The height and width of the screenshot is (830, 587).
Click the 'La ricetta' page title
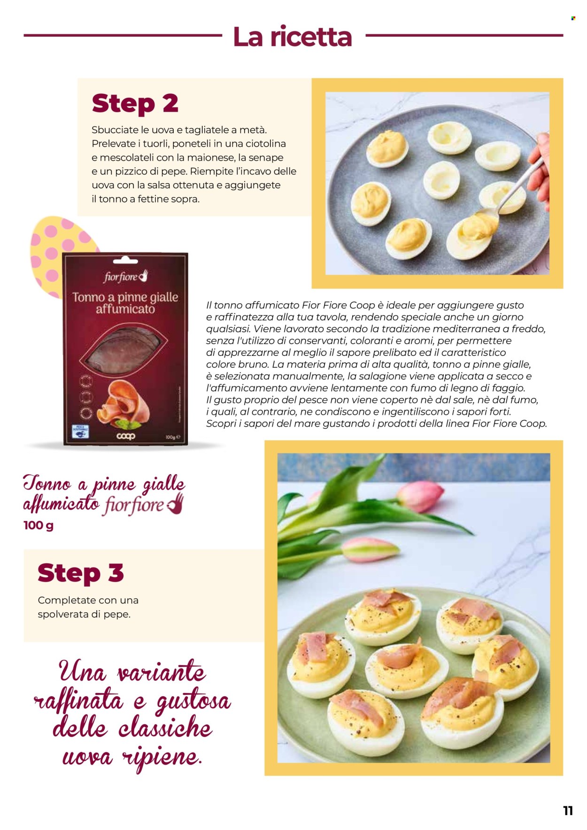click(292, 37)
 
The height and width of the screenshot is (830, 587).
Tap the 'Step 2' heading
click(135, 104)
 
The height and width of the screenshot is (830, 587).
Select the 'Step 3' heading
click(81, 573)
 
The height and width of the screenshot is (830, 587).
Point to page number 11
click(568, 811)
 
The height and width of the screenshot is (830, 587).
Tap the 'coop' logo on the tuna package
click(125, 436)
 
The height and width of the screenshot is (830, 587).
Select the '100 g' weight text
click(39, 525)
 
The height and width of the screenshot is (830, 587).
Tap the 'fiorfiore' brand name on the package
click(121, 277)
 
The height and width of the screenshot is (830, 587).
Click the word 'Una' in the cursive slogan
click(83, 672)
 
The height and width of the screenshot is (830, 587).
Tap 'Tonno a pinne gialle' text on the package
click(125, 297)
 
